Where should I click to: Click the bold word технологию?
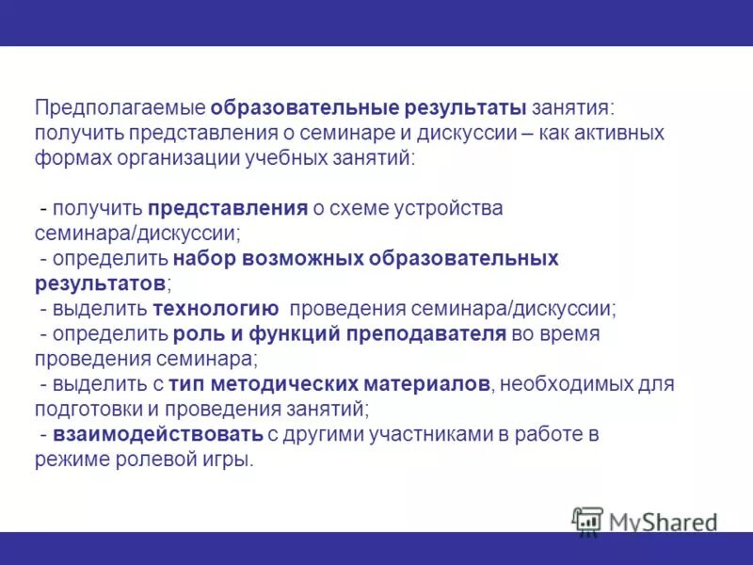(x=216, y=309)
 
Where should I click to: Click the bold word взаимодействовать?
(x=158, y=435)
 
